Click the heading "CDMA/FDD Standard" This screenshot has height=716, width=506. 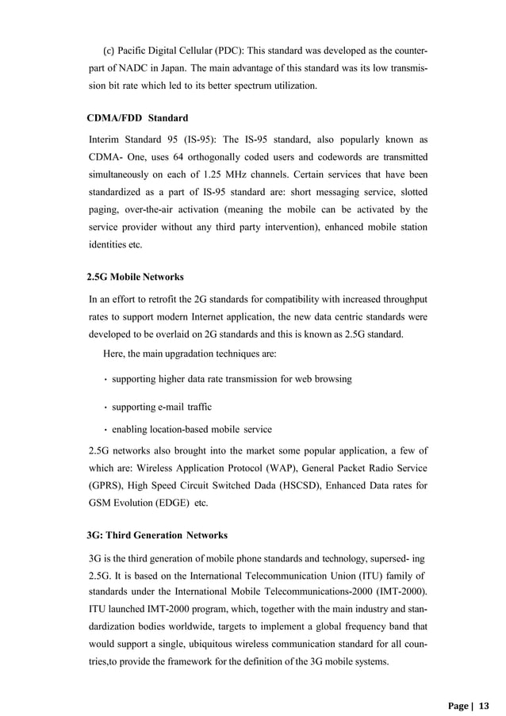137,118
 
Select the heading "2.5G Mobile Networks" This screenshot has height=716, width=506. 135,277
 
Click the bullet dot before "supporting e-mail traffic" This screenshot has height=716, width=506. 105,408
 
